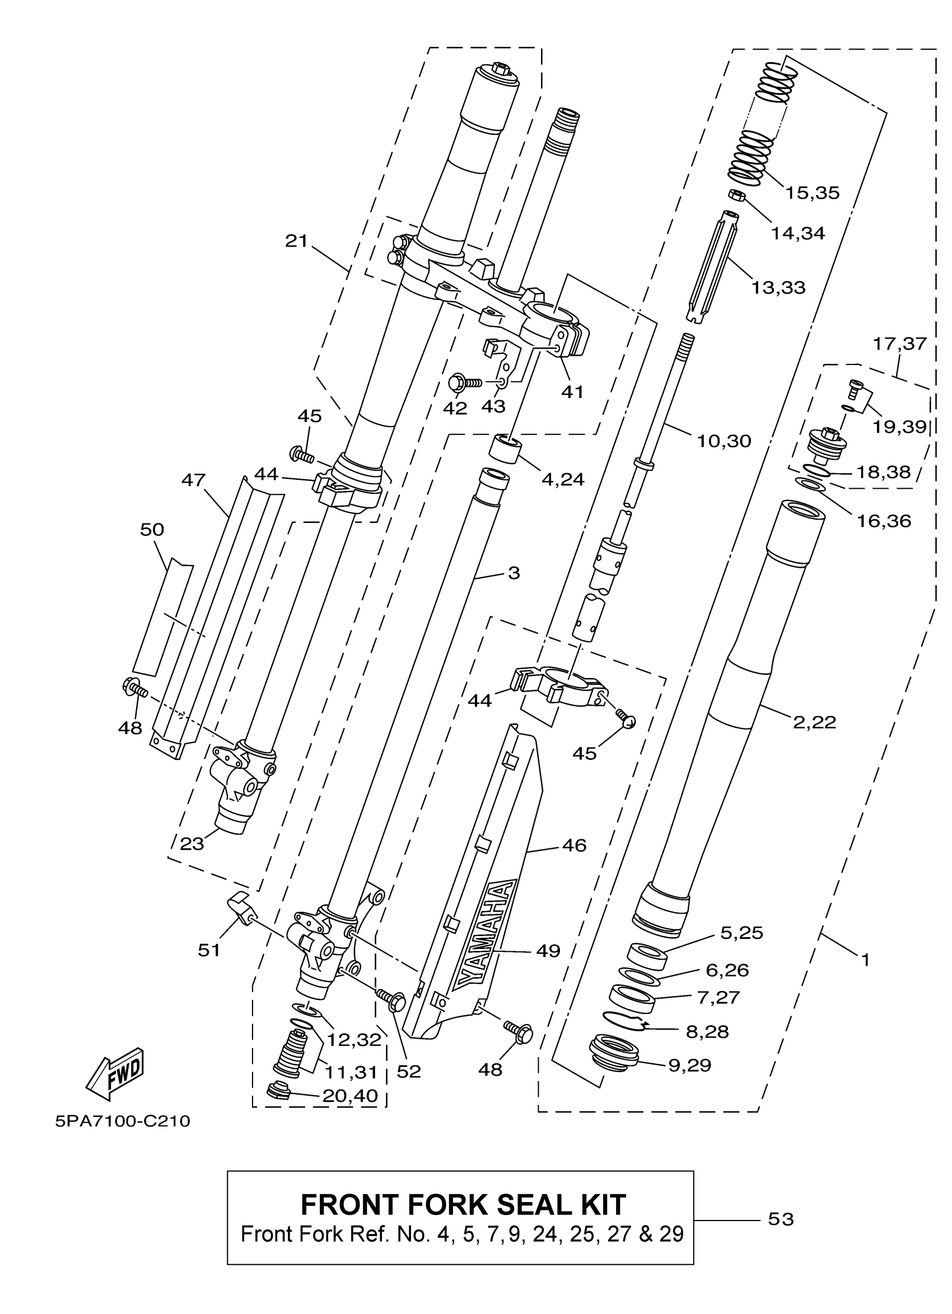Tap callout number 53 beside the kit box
pyautogui.click(x=780, y=1219)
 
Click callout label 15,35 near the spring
pyautogui.click(x=812, y=193)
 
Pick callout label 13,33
pyautogui.click(x=778, y=287)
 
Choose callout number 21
pyautogui.click(x=296, y=241)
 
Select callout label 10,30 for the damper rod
pyautogui.click(x=724, y=441)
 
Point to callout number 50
pyautogui.click(x=152, y=529)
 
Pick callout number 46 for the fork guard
pyautogui.click(x=574, y=845)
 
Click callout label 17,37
pyautogui.click(x=900, y=344)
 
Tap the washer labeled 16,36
pyautogui.click(x=811, y=484)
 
